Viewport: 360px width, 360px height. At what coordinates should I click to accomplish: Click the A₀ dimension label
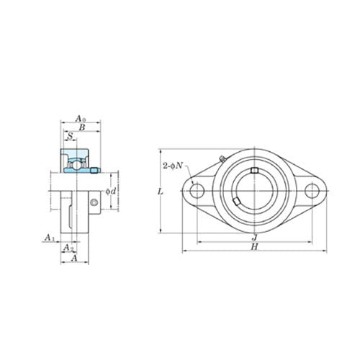pos(81,119)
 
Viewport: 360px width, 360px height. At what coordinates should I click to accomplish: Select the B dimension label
pos(82,127)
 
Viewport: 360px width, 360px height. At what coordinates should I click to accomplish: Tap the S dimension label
pos(70,136)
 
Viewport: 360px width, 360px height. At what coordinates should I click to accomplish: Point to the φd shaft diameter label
pos(111,191)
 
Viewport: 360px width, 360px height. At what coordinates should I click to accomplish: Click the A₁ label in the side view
pos(50,238)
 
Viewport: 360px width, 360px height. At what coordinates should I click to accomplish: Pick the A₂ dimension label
pos(68,247)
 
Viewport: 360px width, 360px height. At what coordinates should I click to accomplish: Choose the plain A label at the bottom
pos(75,258)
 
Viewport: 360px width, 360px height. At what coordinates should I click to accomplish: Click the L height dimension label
pos(161,192)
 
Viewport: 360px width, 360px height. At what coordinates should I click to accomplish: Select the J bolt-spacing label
pos(255,238)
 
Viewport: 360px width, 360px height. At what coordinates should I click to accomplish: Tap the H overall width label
pos(254,246)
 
